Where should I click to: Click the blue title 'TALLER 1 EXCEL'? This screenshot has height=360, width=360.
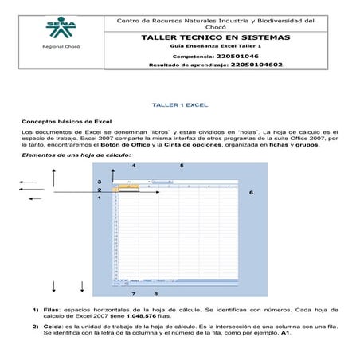tap(180, 104)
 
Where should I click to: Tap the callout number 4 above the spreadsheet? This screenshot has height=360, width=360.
tap(133, 165)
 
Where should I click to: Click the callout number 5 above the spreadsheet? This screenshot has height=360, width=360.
tap(182, 165)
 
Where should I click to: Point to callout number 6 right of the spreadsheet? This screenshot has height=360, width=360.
tap(251, 193)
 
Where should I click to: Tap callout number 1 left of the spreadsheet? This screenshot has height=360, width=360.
tap(99, 198)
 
